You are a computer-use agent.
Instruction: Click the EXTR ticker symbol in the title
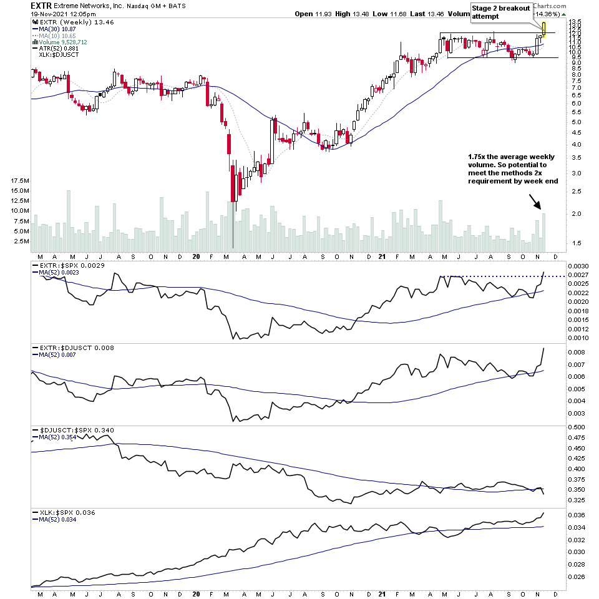[41, 5]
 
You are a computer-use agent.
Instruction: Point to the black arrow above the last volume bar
[535, 201]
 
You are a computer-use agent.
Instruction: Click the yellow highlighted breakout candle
[544, 28]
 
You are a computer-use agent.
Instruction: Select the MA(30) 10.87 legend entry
[56, 29]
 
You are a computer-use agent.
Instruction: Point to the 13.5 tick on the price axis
[575, 22]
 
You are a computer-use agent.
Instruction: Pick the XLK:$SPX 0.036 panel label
[65, 512]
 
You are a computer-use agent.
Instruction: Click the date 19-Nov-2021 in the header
[56, 14]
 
